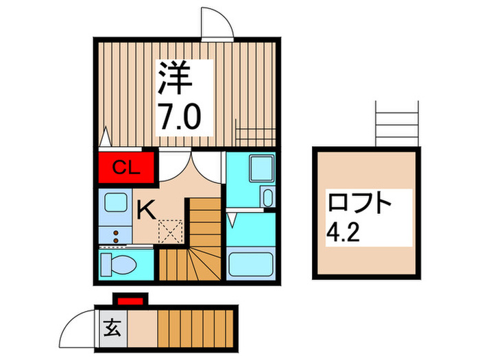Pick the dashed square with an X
pyautogui.click(x=169, y=231)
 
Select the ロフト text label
pyautogui.click(x=361, y=204)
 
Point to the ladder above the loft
pyautogui.click(x=397, y=123)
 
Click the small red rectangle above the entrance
pyautogui.click(x=130, y=298)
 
